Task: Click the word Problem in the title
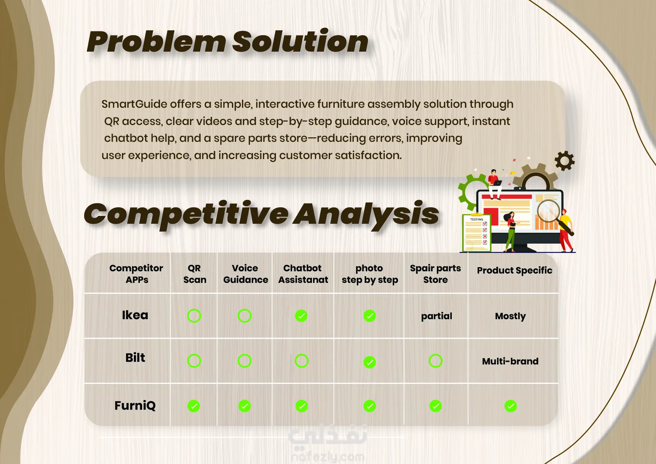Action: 156,42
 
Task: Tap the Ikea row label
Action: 135,315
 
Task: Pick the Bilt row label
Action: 135,358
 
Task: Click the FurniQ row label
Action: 135,406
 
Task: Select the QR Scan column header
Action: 194,274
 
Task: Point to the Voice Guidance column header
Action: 245,274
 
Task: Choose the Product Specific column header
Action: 515,271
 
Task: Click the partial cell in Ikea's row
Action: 436,316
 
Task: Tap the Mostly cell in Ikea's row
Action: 511,316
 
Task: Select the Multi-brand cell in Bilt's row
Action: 510,361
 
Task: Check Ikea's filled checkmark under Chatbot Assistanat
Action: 301,316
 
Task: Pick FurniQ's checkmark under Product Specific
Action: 511,406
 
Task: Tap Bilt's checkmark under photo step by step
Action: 370,362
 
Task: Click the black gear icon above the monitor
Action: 565,161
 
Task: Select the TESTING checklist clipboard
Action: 476,233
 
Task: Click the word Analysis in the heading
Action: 366,214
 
